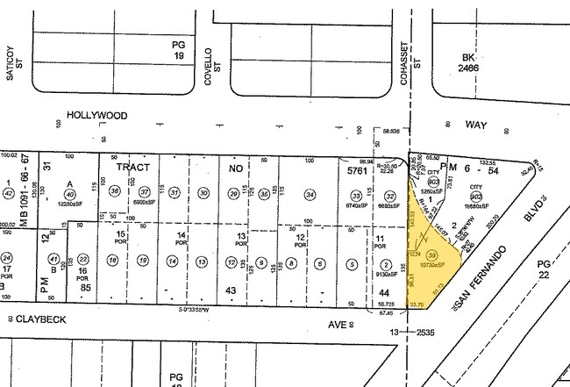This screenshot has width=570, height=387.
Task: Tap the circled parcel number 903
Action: pyautogui.click(x=433, y=180)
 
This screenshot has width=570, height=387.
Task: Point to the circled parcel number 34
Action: pyautogui.click(x=309, y=194)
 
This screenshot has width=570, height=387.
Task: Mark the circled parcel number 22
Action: pyautogui.click(x=83, y=260)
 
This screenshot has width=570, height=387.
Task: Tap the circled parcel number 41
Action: pyautogui.click(x=53, y=259)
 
